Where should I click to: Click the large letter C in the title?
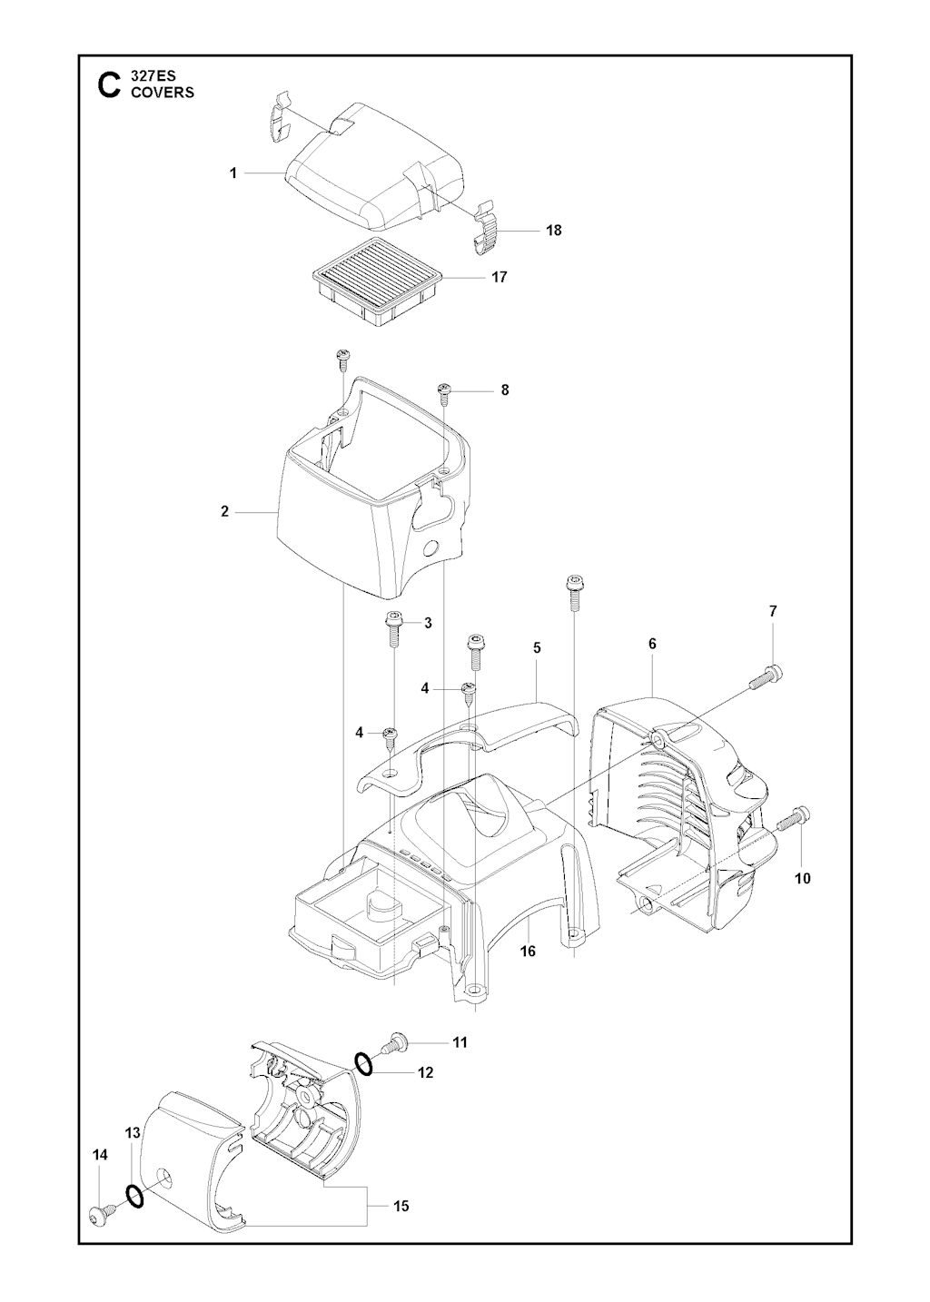[x=108, y=85]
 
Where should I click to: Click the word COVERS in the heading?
[x=163, y=93]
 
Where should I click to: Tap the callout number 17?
[x=499, y=277]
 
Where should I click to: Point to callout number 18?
[x=553, y=231]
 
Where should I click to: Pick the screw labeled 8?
[x=445, y=391]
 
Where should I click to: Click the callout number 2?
[x=224, y=512]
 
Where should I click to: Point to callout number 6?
[x=652, y=644]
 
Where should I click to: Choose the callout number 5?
[x=537, y=647]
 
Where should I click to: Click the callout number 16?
[x=528, y=952]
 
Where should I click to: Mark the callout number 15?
[x=401, y=1206]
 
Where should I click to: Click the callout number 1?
[x=233, y=173]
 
